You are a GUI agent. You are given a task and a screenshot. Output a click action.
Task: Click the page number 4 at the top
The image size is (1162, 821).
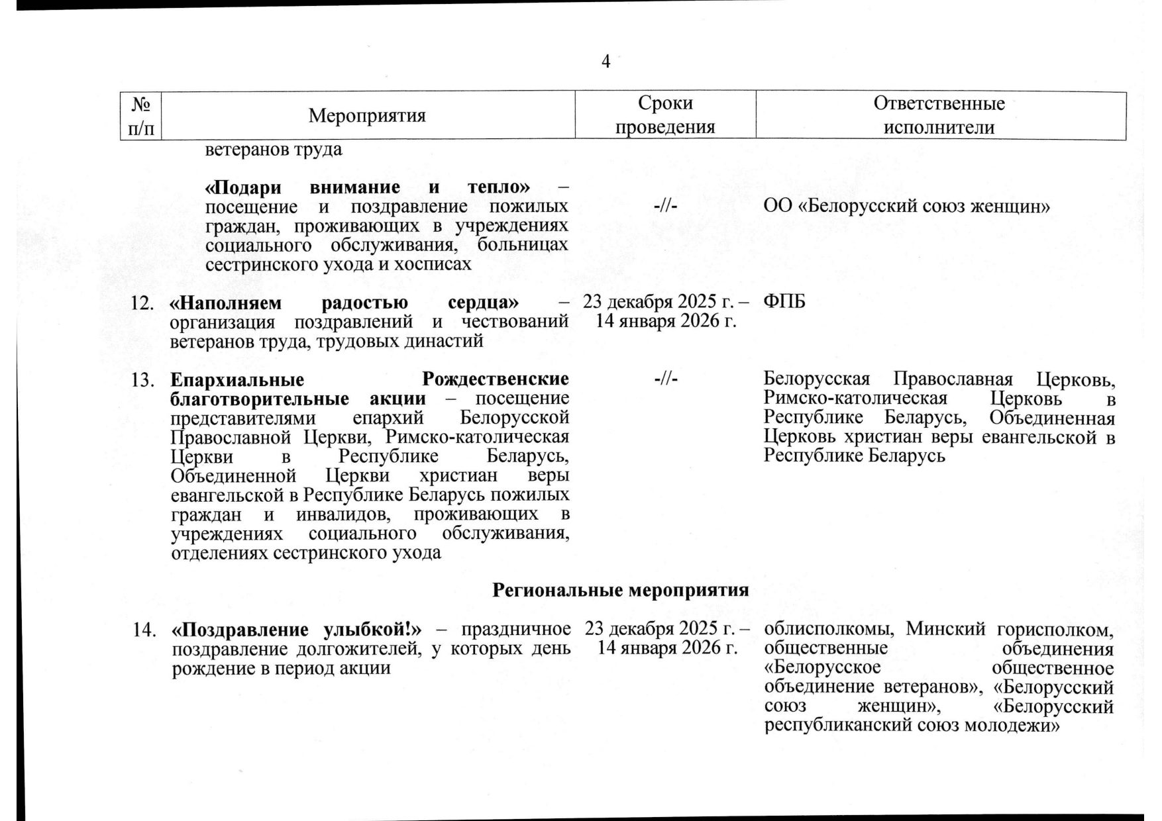(605, 62)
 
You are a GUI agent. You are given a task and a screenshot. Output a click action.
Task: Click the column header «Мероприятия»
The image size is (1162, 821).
(367, 116)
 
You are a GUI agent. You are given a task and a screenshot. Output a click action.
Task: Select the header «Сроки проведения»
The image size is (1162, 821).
(665, 115)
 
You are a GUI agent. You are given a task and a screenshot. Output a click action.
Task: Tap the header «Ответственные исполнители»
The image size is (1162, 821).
(939, 115)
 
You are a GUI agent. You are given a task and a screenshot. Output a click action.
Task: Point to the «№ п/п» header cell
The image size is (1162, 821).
(144, 115)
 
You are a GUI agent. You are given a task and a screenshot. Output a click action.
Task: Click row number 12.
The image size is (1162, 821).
(143, 303)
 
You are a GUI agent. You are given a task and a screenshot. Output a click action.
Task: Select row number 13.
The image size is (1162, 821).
(143, 380)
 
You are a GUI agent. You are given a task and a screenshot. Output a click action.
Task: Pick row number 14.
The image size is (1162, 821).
(143, 630)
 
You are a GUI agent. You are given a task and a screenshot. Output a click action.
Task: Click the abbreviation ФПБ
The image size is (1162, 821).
(784, 303)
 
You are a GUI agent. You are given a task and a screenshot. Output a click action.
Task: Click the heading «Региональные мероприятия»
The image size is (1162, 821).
(621, 590)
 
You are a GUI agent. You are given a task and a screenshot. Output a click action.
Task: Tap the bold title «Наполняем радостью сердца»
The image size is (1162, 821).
(344, 303)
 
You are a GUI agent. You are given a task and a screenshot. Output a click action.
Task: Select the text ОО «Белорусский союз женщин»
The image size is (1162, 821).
(907, 207)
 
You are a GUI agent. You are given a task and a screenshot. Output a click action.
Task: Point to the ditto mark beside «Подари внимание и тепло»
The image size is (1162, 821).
(665, 207)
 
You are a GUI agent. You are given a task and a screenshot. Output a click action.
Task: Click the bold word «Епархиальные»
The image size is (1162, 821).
(237, 380)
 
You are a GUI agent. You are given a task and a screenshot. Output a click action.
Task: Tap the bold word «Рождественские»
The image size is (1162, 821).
(495, 380)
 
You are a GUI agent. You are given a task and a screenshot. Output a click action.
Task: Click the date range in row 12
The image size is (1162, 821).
(666, 313)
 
